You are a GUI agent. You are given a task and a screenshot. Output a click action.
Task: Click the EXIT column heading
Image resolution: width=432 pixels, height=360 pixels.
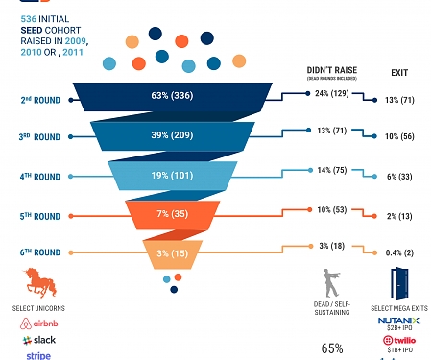point(399,72)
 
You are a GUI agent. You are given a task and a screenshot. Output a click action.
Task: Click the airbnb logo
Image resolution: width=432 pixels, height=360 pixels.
point(38,324)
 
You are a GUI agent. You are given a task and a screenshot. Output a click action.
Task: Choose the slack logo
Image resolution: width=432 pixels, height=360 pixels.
point(38,340)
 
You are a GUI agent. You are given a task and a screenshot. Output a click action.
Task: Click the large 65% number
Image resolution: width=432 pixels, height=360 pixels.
point(333,348)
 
